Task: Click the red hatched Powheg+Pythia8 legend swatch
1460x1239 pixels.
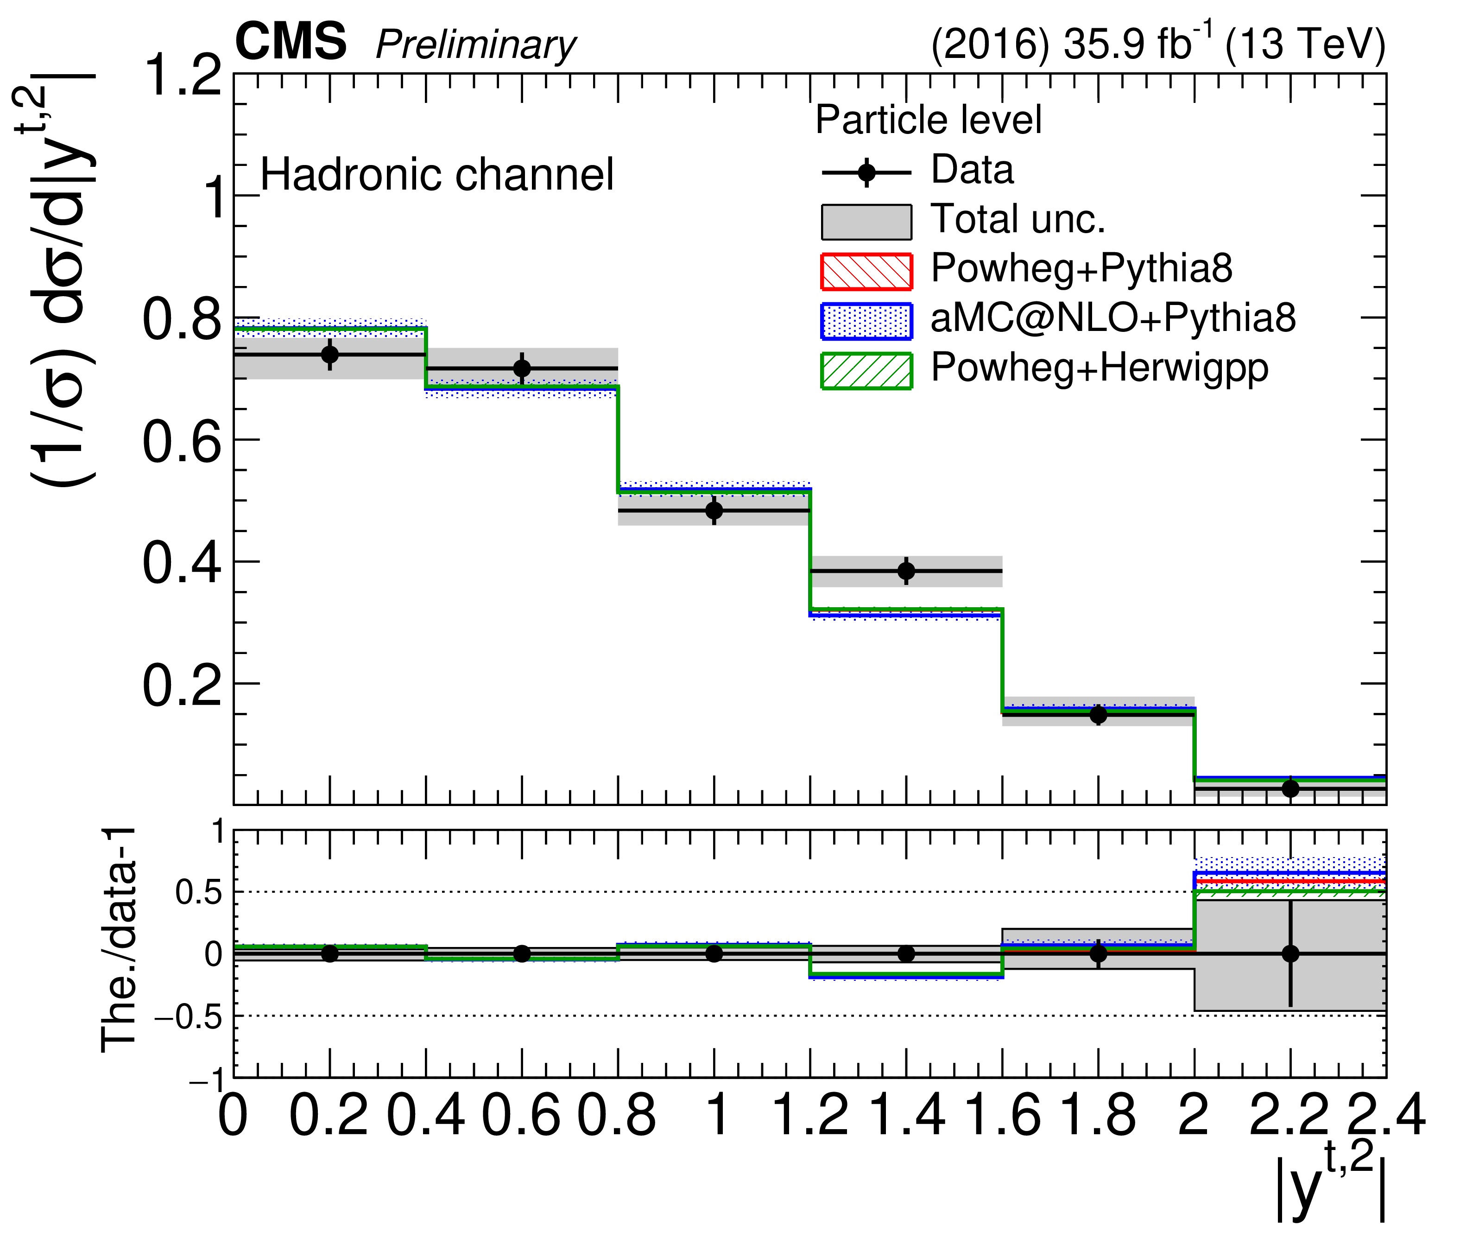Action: pyautogui.click(x=866, y=271)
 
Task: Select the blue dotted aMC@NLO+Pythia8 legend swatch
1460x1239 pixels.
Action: pyautogui.click(x=866, y=321)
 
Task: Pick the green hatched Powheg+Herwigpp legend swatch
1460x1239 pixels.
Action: pyautogui.click(x=866, y=371)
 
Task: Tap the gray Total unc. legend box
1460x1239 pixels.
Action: pyautogui.click(x=866, y=222)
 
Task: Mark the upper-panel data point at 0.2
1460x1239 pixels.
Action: pyautogui.click(x=330, y=355)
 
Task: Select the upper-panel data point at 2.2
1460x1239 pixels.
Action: pyautogui.click(x=1290, y=788)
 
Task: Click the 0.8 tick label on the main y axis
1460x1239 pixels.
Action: pyautogui.click(x=182, y=319)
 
